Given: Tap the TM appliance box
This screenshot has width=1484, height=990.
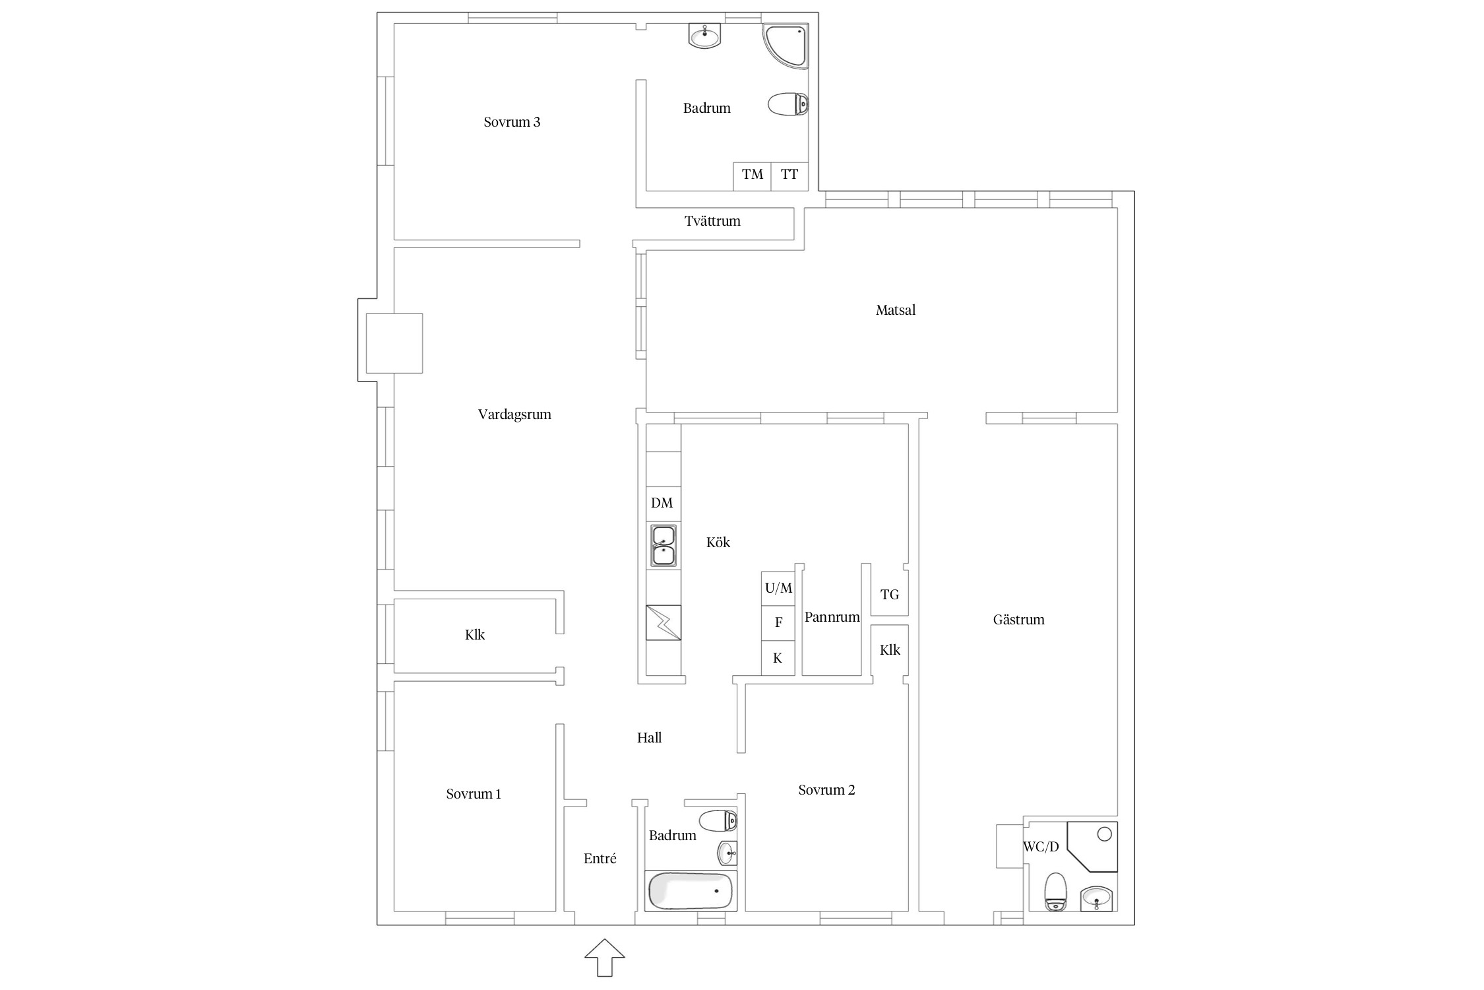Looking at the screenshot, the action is click(x=752, y=176).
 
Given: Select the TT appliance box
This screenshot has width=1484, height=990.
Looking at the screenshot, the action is click(x=789, y=176).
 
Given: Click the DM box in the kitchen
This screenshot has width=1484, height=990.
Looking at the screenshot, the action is click(x=663, y=504).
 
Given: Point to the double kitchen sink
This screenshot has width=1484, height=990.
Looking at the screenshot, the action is click(x=664, y=546).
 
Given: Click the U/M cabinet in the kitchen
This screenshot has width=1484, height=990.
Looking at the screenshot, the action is click(x=778, y=588).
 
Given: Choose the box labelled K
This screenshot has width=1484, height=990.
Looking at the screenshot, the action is click(x=778, y=658).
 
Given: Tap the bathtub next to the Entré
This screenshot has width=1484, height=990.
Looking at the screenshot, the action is click(x=691, y=891).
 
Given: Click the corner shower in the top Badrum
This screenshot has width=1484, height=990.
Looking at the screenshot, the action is click(x=786, y=46).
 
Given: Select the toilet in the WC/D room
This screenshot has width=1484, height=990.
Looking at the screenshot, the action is click(x=1056, y=892).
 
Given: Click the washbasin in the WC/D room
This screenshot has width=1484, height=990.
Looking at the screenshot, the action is click(x=1096, y=898).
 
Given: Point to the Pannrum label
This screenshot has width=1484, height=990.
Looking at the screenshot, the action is click(x=832, y=618).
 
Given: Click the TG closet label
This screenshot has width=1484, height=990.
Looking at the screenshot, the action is click(x=890, y=595).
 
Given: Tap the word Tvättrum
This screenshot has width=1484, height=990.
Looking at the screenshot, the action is click(x=712, y=221).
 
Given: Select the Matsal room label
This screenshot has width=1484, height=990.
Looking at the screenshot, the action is click(x=896, y=310).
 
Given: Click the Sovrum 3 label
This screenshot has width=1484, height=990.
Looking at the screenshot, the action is click(x=512, y=122).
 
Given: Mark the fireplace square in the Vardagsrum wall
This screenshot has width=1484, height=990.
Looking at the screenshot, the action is click(x=394, y=343).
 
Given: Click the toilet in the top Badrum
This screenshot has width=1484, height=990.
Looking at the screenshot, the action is click(x=788, y=104).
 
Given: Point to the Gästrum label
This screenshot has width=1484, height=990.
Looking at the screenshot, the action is click(x=1019, y=620).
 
